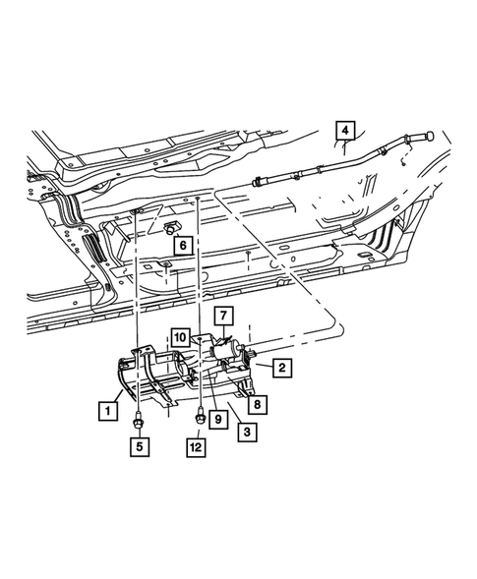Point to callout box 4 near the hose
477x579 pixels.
pyautogui.click(x=345, y=130)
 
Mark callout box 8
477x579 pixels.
pyautogui.click(x=259, y=401)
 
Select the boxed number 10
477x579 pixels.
pyautogui.click(x=181, y=337)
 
